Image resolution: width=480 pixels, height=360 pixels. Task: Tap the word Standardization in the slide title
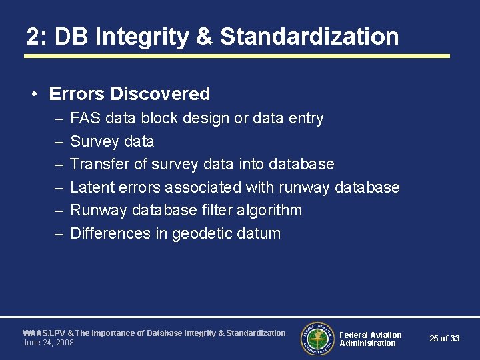click(x=309, y=37)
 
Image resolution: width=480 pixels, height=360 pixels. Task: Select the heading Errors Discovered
click(x=129, y=94)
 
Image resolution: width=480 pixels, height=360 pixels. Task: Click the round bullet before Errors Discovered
click(x=33, y=94)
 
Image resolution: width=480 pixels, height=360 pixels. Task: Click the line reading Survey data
click(x=112, y=141)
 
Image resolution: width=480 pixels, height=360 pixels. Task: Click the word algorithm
click(x=269, y=211)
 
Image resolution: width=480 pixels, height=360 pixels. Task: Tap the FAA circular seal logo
click(x=317, y=339)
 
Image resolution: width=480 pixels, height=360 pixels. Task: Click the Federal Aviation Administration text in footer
click(x=370, y=339)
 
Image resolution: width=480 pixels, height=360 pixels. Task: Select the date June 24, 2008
click(x=48, y=343)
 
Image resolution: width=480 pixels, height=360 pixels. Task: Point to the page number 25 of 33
click(x=445, y=339)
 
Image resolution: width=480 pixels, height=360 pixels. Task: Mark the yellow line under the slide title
click(x=237, y=56)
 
